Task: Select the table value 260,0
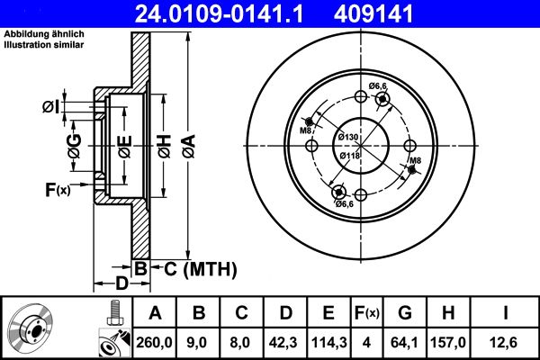153,341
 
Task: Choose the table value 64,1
405,341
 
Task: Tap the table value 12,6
505,341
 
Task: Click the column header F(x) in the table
367,312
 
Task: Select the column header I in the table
505,312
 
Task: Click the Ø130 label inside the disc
348,137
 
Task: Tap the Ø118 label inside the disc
349,155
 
